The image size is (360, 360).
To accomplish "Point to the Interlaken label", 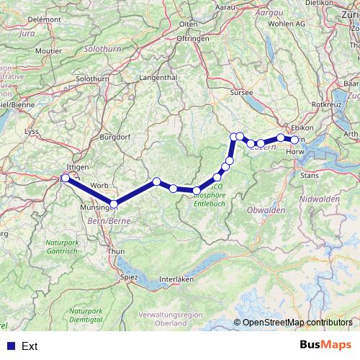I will [x=177, y=279].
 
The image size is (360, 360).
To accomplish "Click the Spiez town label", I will [x=129, y=276].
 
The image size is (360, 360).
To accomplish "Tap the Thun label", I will [x=115, y=251].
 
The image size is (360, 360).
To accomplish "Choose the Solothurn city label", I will [x=91, y=78].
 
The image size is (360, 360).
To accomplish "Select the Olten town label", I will [x=188, y=24].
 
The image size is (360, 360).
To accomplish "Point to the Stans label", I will [x=309, y=174].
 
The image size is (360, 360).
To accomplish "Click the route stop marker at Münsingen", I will [x=114, y=204].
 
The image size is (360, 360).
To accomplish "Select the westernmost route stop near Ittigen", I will [x=66, y=178].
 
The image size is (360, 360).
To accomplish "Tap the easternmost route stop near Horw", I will [x=294, y=140].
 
